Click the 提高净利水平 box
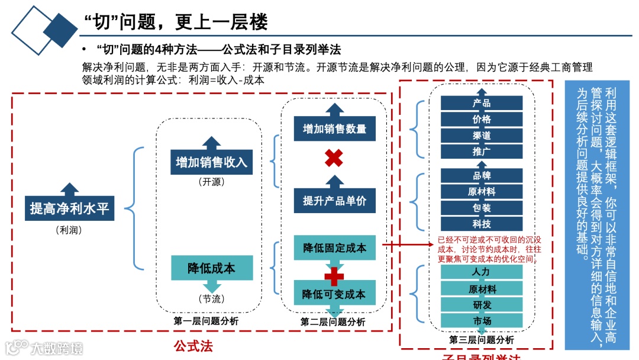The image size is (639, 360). tap(70, 208)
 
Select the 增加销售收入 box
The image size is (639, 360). tap(211, 162)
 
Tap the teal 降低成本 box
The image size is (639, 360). tap(211, 268)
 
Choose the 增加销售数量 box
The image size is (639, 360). tap(334, 128)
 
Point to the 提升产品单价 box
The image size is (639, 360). tap(334, 200)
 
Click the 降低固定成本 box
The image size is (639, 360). tap(334, 247)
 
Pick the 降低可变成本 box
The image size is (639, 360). tap(334, 294)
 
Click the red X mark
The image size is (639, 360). tap(334, 158)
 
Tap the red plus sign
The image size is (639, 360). tap(334, 275)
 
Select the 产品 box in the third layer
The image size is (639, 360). tap(482, 103)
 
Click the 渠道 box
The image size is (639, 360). tap(482, 136)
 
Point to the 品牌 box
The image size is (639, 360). tap(482, 175)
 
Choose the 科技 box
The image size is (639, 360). tap(482, 224)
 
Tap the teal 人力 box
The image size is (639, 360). tap(482, 272)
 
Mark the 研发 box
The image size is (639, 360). tap(482, 305)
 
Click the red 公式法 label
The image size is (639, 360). tap(193, 345)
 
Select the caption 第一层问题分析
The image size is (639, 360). tap(206, 320)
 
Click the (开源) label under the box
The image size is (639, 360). tap(211, 182)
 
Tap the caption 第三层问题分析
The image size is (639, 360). tap(482, 340)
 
